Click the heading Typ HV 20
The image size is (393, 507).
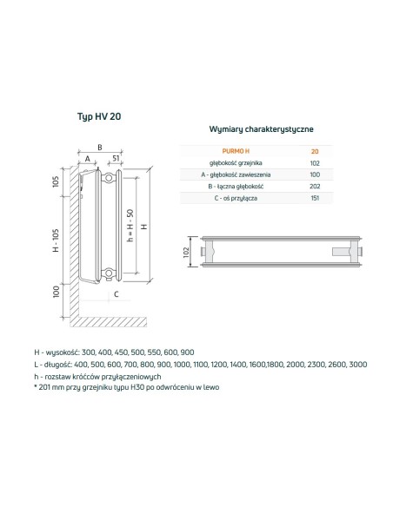(99, 116)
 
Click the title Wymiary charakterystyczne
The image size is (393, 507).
(261, 129)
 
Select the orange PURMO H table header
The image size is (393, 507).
(236, 151)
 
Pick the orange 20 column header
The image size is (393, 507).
(315, 151)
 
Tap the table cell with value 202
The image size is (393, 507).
(315, 187)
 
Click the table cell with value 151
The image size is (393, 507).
(315, 198)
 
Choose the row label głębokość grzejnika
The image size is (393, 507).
(236, 163)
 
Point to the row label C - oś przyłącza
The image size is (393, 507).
(236, 198)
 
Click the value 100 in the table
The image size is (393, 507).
(315, 174)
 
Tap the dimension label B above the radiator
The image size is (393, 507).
(100, 148)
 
